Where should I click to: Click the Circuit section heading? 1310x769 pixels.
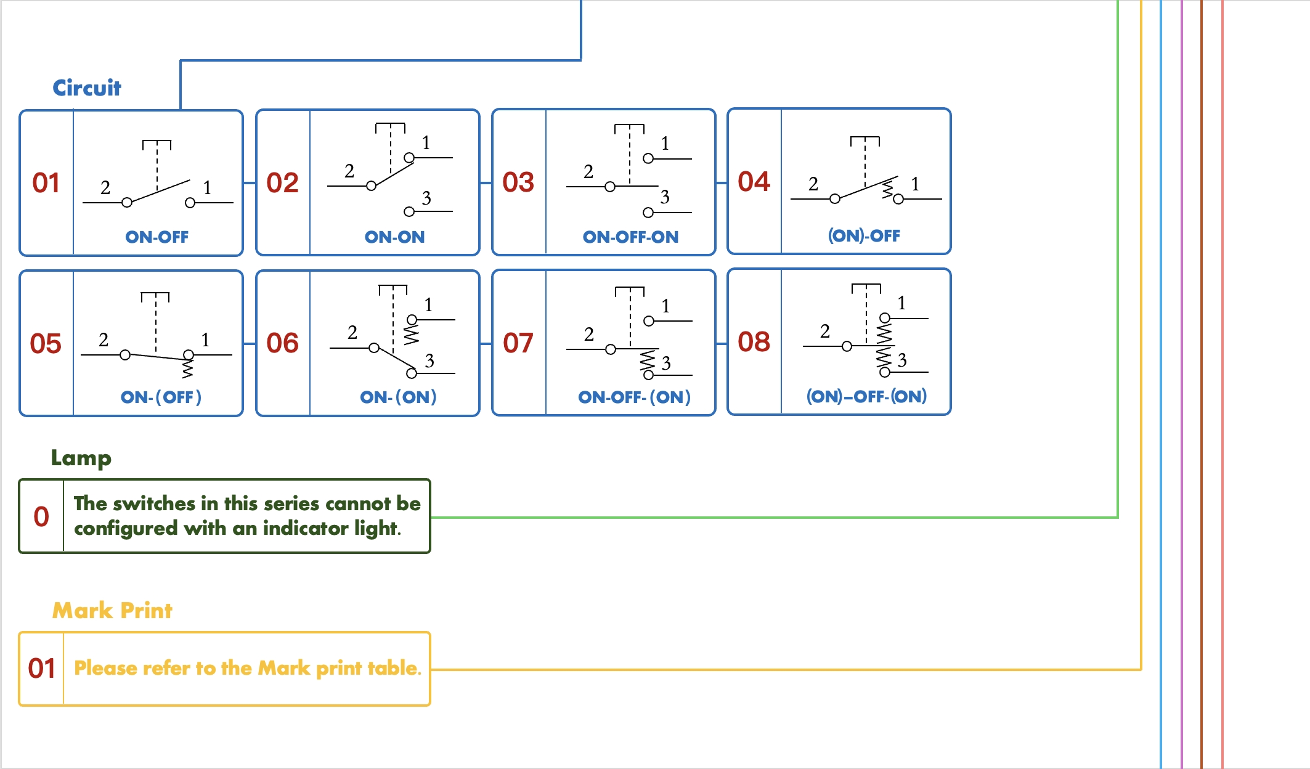(x=87, y=88)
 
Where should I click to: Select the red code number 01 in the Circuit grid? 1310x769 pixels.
(x=46, y=183)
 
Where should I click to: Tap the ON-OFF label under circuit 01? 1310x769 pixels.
(x=157, y=237)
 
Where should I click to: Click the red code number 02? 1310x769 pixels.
(x=282, y=183)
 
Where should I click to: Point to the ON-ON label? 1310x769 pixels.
(x=394, y=237)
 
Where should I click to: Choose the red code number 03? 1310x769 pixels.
(x=518, y=182)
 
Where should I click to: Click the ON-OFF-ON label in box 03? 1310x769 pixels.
(x=630, y=237)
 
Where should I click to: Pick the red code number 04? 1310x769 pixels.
(x=754, y=182)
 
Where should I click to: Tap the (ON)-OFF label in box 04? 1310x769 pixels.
(x=864, y=236)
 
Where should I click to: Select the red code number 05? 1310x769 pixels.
(x=46, y=344)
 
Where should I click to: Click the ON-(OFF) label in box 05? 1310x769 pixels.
(x=161, y=397)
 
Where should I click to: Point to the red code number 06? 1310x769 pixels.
(x=282, y=343)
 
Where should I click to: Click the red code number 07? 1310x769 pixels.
(x=518, y=343)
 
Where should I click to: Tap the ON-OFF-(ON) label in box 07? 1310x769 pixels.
(x=634, y=397)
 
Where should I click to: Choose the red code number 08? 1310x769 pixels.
(x=754, y=342)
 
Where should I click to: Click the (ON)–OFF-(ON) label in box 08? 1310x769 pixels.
(x=866, y=396)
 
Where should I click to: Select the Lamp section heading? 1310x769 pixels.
(x=81, y=458)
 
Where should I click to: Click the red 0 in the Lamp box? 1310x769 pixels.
(x=41, y=517)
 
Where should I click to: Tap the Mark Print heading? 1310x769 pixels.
(x=112, y=611)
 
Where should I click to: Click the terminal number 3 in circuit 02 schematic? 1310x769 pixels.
(x=426, y=198)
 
